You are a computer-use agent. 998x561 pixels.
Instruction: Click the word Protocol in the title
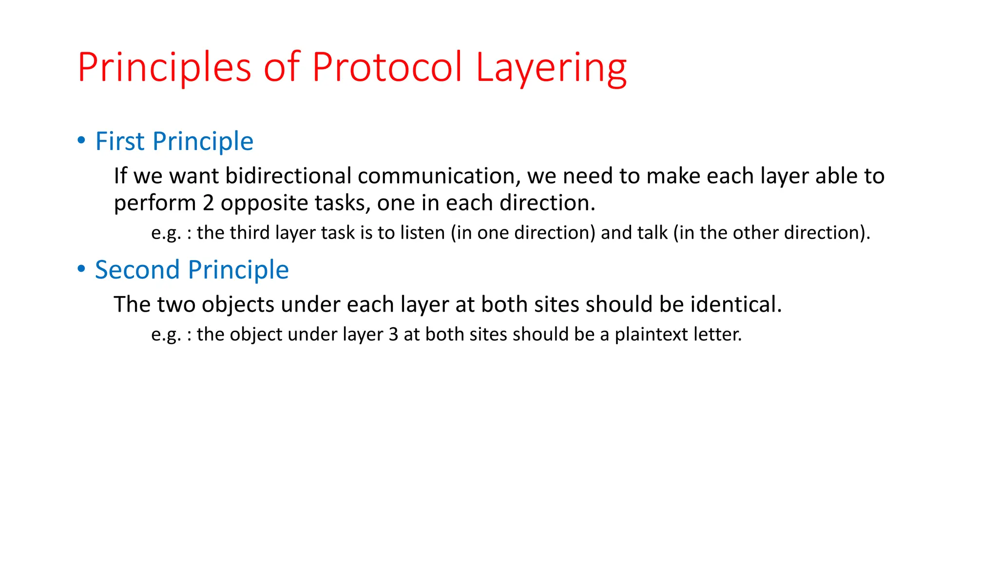point(386,67)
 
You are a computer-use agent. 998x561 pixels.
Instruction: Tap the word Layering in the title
point(551,67)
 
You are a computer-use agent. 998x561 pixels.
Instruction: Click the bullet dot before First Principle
point(81,141)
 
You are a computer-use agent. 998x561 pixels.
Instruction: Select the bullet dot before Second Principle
point(81,269)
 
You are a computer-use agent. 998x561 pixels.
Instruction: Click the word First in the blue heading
point(120,141)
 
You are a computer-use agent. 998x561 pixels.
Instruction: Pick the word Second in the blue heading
point(137,270)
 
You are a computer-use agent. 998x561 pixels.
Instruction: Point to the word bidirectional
point(288,176)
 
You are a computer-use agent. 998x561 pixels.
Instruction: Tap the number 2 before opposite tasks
point(208,203)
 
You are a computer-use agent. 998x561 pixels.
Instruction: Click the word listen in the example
point(422,233)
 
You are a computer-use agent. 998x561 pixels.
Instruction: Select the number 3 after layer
point(393,335)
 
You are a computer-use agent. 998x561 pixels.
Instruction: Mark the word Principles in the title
point(164,67)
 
